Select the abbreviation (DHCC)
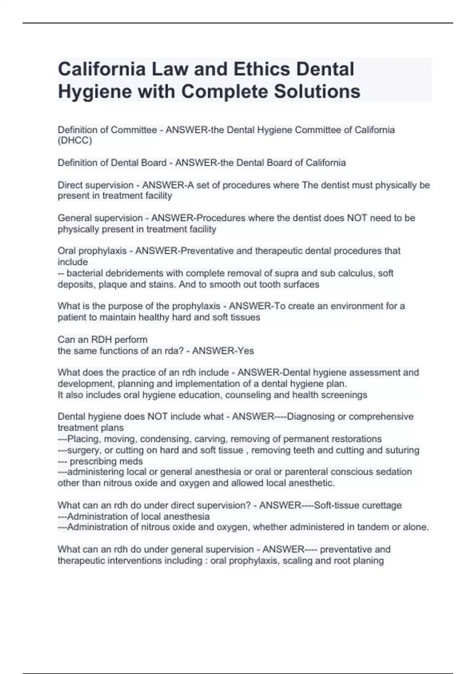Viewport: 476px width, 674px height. coord(75,141)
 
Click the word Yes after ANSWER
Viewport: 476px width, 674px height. coord(246,351)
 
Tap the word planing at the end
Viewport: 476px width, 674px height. coord(369,561)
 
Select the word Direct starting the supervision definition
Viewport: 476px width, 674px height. coord(70,185)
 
